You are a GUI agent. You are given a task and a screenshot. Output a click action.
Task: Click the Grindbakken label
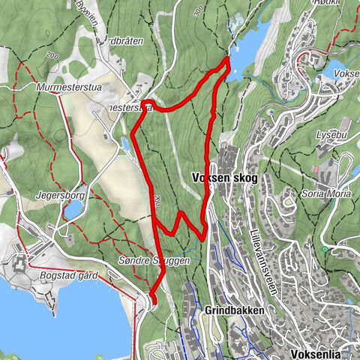228,309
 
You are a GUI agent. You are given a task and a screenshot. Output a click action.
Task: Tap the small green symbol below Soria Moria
325,249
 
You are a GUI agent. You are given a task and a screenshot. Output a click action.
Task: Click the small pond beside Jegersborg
73,210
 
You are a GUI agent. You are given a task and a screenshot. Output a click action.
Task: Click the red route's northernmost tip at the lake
227,59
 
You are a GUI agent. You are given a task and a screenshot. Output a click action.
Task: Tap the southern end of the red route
151,301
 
